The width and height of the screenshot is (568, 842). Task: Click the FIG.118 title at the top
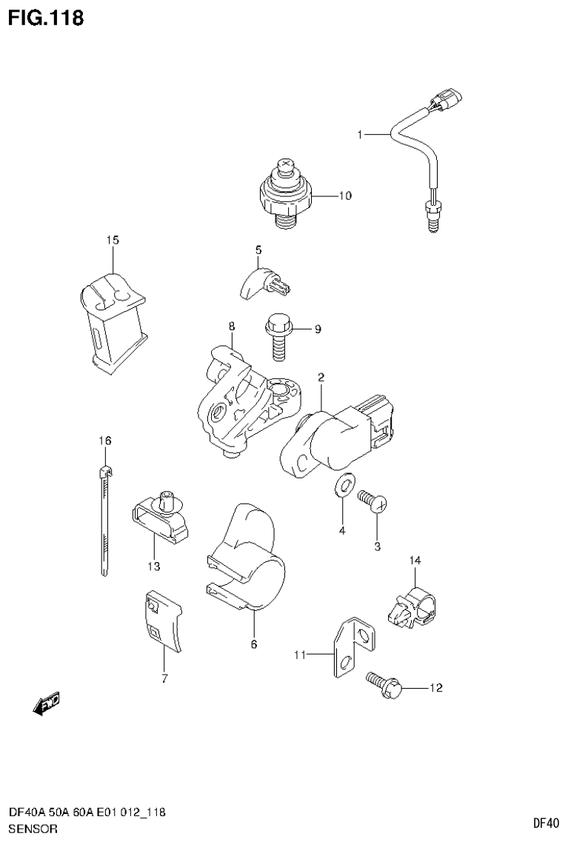pyautogui.click(x=45, y=17)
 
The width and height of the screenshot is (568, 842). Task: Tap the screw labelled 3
pyautogui.click(x=373, y=504)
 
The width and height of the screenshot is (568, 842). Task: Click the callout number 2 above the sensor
pyautogui.click(x=321, y=378)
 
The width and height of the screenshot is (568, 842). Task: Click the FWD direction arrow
pyautogui.click(x=47, y=704)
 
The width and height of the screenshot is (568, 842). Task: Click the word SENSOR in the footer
pyautogui.click(x=33, y=829)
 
